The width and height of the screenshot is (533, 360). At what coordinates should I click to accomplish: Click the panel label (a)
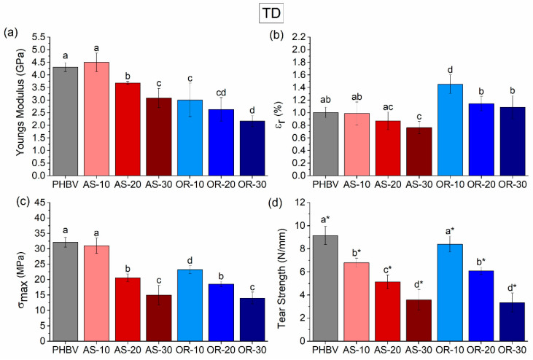(x=11, y=32)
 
